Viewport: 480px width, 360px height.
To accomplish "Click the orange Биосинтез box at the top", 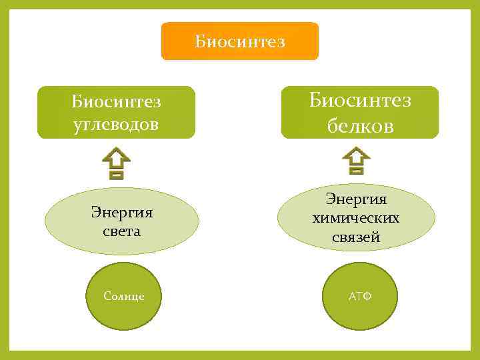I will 240,41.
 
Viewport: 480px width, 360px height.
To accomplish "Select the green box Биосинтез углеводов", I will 116,112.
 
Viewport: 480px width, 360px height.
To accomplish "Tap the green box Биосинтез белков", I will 360,112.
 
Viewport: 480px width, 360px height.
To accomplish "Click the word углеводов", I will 117,125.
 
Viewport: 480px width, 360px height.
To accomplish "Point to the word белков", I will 360,126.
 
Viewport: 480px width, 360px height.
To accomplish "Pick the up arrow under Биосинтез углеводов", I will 116,164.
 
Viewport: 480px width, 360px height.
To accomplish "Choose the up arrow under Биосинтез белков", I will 356,161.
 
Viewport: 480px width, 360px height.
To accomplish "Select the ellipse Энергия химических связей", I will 356,217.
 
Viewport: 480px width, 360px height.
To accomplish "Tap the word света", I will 121,231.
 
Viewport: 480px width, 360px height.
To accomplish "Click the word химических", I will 356,218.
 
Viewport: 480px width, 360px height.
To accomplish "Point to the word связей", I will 356,237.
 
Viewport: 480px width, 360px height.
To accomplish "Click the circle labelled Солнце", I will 124,296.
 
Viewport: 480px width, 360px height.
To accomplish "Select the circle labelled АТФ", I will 361,296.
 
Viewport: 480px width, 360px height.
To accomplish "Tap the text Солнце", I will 124,296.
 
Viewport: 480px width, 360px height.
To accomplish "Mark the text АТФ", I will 361,296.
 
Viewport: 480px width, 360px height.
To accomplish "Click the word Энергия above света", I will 121,213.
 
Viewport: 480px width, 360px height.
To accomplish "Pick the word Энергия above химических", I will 356,199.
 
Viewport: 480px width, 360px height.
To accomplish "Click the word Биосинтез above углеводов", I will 117,103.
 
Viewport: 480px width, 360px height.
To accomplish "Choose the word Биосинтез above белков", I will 360,100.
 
